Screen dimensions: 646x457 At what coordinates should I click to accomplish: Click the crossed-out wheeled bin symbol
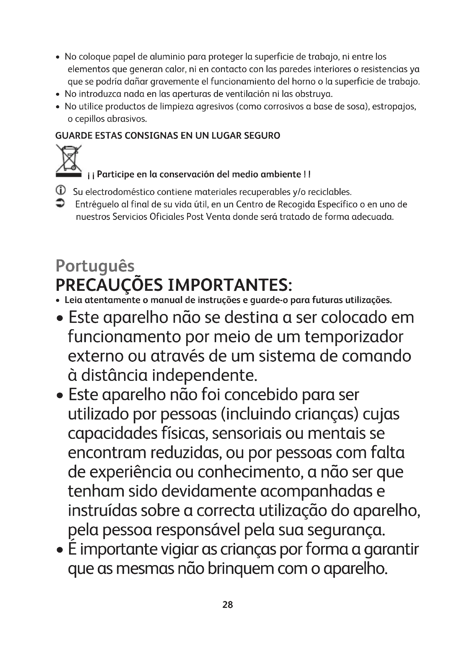(x=68, y=161)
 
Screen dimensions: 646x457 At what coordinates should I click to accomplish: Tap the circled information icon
(x=61, y=191)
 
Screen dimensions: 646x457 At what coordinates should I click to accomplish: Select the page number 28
(x=228, y=605)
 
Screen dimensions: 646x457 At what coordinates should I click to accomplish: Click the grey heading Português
(x=95, y=266)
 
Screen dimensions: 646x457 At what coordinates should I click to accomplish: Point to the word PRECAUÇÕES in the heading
(x=109, y=285)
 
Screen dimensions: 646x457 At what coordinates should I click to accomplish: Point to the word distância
(x=114, y=375)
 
